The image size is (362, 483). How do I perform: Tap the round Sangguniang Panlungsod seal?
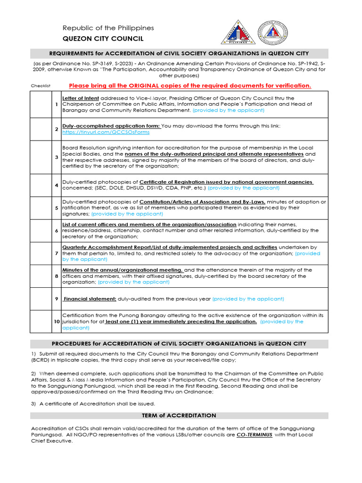point(270,33)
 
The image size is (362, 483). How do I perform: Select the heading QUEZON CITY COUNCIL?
point(103,39)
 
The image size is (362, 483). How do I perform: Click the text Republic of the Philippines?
point(108,28)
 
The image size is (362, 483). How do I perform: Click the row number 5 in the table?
point(57,208)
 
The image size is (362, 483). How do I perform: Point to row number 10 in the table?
point(57,321)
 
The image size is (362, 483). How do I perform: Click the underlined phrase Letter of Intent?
point(80,98)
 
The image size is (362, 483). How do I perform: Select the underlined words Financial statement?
point(90,299)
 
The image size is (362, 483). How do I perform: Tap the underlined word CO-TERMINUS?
point(254,435)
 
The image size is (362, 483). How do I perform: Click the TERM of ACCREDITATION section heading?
point(179,416)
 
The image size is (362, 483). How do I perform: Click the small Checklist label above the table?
point(41,86)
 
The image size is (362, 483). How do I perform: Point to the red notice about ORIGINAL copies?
point(190,85)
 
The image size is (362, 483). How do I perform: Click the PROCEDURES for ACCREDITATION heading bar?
point(179,343)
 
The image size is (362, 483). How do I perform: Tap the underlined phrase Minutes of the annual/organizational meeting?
point(123,270)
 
